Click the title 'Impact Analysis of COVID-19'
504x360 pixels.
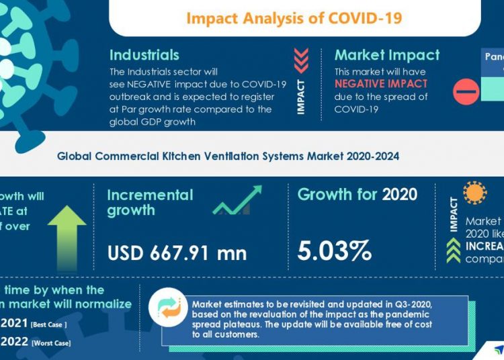294,17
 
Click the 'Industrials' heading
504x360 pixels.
144,55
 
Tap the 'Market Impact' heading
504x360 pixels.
387,55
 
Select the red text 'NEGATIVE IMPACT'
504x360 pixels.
381,84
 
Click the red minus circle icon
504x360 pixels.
466,92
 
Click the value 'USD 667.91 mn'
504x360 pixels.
177,253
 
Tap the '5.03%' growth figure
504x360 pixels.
335,251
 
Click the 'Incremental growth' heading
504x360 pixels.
150,202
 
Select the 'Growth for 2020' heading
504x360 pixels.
358,195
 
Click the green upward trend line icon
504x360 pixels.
237,200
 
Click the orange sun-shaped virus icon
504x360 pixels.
475,193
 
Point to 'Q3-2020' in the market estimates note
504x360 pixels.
404,305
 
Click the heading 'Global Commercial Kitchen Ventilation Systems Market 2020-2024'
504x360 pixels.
228,156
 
